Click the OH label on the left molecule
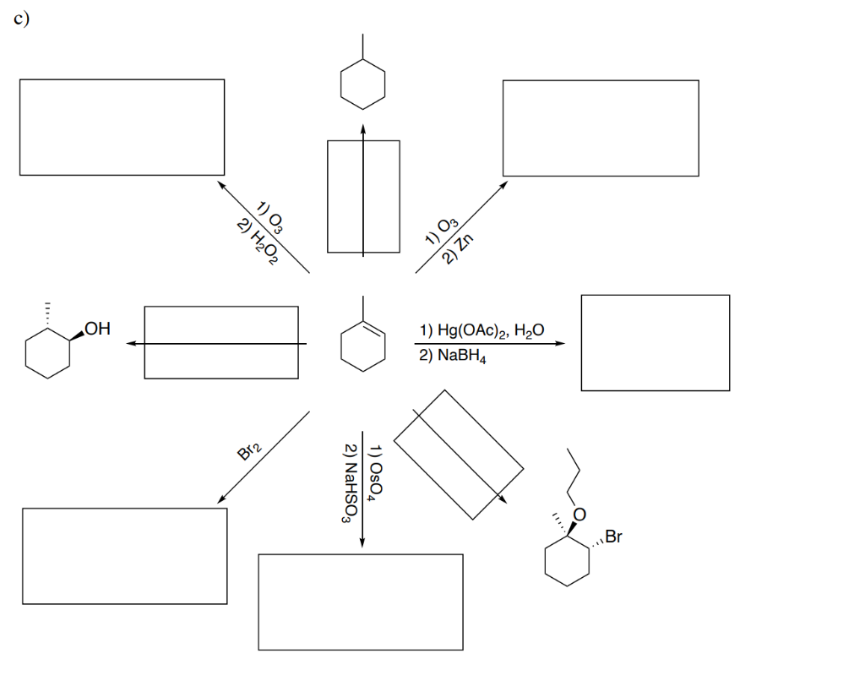pos(97,328)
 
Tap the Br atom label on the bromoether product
pos(613,536)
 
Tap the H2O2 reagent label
pos(258,242)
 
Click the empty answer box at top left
pos(122,127)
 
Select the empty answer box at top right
pos(601,128)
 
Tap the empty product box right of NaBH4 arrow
pos(655,342)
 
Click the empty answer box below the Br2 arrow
pos(124,555)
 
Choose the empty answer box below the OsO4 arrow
pos(361,602)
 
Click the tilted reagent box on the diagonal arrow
pos(458,455)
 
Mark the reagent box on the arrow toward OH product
pos(220,342)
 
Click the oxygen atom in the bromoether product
pos(579,514)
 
